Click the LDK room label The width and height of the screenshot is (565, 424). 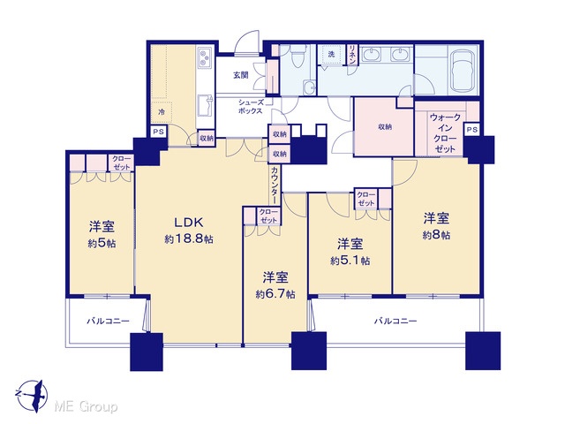tap(189, 223)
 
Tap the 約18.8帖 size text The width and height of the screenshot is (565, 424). tap(189, 238)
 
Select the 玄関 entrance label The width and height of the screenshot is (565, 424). tap(241, 75)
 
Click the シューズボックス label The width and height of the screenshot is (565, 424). tap(251, 107)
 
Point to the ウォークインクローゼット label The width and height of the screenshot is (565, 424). tap(445, 133)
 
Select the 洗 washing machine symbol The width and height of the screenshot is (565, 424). tap(331, 55)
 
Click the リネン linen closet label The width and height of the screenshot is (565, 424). tap(352, 55)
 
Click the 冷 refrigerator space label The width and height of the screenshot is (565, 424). tap(162, 112)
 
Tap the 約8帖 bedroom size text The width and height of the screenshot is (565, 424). tap(436, 235)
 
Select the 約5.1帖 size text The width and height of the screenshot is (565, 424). tap(350, 261)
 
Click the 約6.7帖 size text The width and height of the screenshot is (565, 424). tap(275, 294)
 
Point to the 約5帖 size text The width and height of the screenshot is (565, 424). tap(102, 244)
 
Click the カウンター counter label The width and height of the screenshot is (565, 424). tap(275, 185)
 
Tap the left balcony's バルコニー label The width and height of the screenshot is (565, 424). tap(108, 321)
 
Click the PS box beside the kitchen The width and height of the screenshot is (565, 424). tap(159, 132)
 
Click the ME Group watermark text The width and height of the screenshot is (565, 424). tap(86, 406)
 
